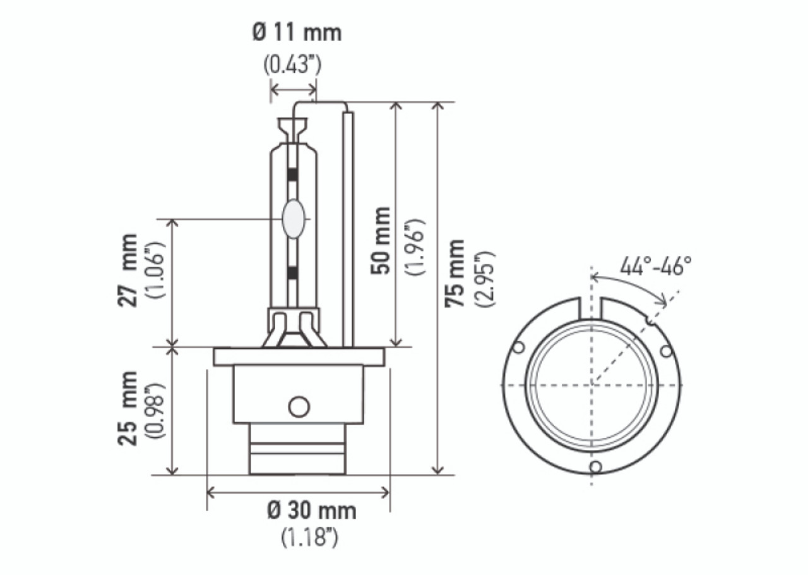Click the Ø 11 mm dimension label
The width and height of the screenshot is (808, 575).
click(297, 33)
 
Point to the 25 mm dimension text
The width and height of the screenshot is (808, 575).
click(128, 408)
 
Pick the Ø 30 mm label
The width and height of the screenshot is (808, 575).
click(311, 511)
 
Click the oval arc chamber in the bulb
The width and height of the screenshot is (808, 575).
click(293, 219)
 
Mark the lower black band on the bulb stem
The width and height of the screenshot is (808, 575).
click(292, 272)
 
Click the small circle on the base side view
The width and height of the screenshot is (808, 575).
click(299, 406)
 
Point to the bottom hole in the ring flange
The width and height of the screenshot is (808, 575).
click(594, 467)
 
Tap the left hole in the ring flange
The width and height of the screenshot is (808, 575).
click(519, 348)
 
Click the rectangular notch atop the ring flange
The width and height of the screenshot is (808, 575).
click(591, 308)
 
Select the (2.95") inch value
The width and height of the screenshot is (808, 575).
click(486, 279)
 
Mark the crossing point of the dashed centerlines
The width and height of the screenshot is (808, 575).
click(591, 384)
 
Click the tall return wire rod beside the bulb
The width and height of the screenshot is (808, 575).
click(348, 227)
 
